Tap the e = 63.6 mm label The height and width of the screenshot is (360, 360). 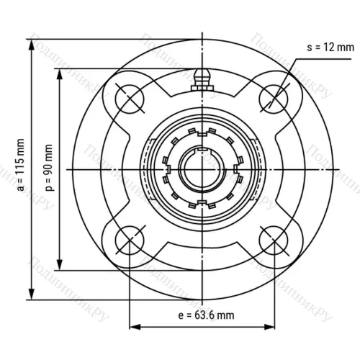[205, 315]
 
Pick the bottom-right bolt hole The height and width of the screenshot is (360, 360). [274, 243]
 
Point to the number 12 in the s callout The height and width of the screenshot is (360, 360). [332, 48]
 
